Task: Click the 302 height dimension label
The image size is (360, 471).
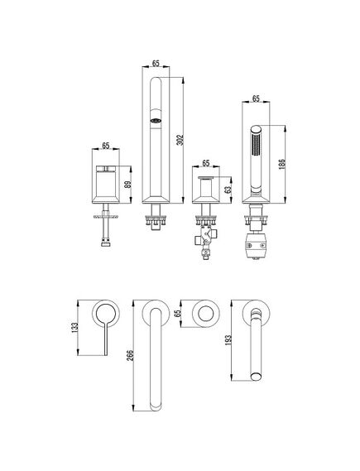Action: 180,140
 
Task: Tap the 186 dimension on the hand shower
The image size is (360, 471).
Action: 281,164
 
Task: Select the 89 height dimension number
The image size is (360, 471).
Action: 128,184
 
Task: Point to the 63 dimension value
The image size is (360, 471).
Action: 228,190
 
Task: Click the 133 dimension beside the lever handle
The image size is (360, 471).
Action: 74,328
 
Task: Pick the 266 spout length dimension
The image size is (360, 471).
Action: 130,356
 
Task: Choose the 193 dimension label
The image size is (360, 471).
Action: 228,340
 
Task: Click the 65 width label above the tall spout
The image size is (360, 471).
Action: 156,63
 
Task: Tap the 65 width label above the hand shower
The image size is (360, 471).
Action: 256,99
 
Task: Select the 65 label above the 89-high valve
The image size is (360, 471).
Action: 105,146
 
